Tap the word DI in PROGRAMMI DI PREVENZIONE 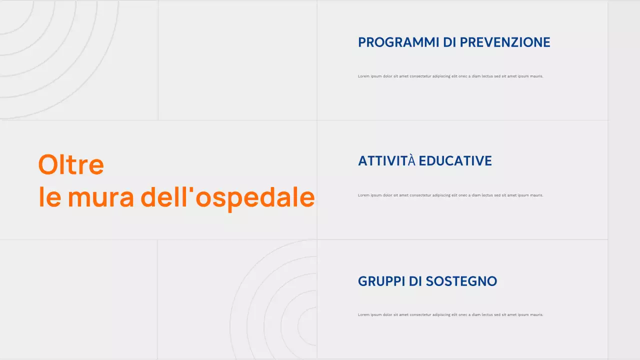tap(449, 42)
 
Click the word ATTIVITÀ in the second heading tap(387, 161)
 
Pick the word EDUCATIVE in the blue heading tap(455, 161)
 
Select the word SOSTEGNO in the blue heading tap(461, 281)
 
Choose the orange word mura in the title tap(101, 197)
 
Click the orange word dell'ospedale tap(227, 197)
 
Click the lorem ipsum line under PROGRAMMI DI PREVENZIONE tap(450, 76)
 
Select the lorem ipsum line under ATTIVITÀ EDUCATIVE tap(450, 195)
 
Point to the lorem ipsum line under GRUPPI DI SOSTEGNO tap(450, 315)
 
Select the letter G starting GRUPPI tap(362, 281)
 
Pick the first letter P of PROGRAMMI tap(362, 42)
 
